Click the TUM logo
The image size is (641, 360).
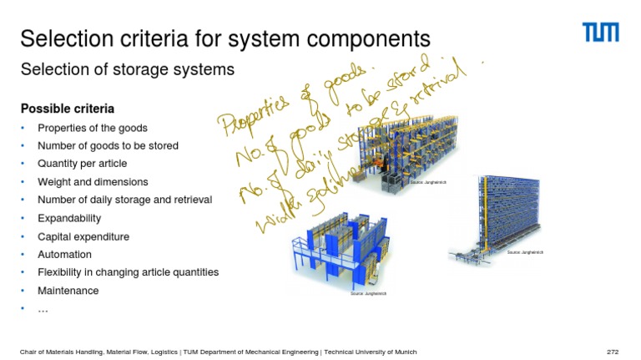(600, 33)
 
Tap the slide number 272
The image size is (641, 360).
(612, 352)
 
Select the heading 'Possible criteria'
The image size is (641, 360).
(68, 109)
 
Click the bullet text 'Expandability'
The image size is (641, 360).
(69, 218)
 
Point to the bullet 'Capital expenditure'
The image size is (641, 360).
(83, 236)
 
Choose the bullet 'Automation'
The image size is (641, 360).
(64, 255)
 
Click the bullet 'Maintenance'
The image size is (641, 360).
(68, 291)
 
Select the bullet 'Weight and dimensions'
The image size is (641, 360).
(93, 182)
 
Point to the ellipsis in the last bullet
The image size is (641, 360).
(43, 310)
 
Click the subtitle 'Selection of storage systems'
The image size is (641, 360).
(128, 69)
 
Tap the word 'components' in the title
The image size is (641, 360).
(367, 38)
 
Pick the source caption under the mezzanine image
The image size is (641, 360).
(368, 293)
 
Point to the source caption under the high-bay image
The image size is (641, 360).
(525, 251)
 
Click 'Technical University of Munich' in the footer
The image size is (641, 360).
(371, 352)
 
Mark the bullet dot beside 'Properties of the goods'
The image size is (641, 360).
(24, 128)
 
